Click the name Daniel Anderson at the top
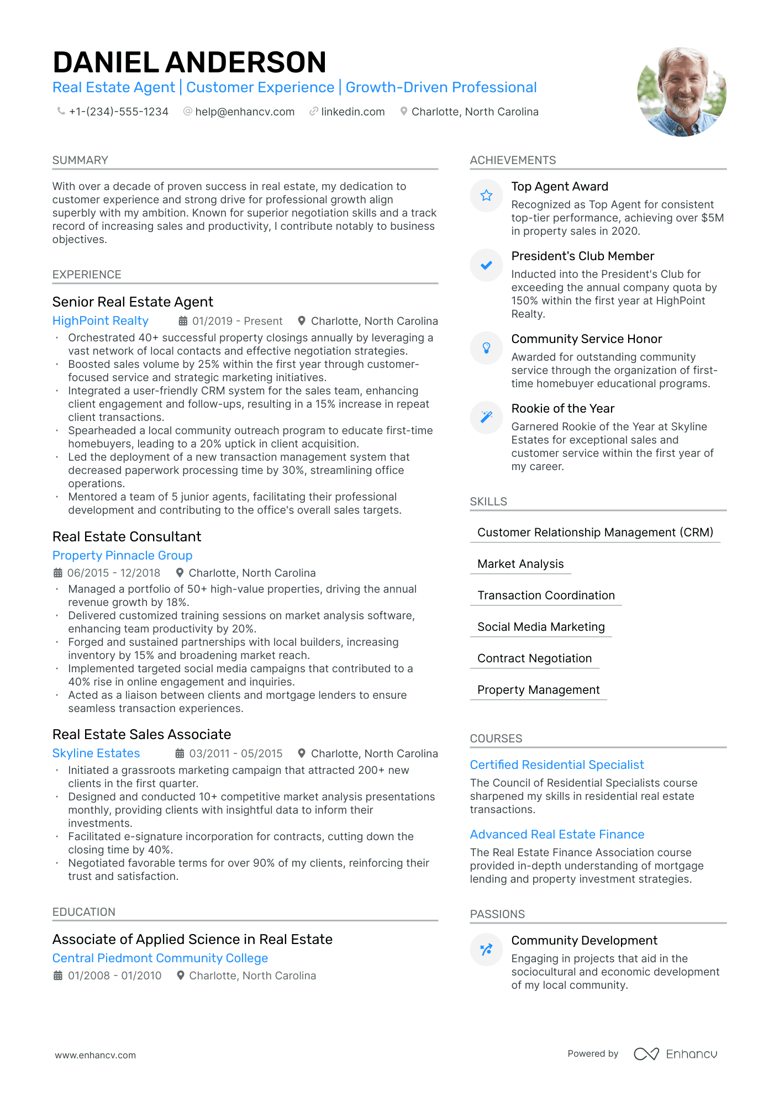pyautogui.click(x=190, y=62)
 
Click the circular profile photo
pyautogui.click(x=681, y=92)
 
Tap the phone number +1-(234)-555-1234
pyautogui.click(x=118, y=112)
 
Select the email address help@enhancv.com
pyautogui.click(x=245, y=112)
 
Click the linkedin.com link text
pyautogui.click(x=352, y=112)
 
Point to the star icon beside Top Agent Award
pyautogui.click(x=486, y=195)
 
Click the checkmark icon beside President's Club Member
pyautogui.click(x=486, y=265)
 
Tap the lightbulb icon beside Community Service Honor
pyautogui.click(x=486, y=347)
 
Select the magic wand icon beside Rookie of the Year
pyautogui.click(x=486, y=417)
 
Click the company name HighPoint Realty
pyautogui.click(x=101, y=321)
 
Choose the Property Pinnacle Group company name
pyautogui.click(x=122, y=555)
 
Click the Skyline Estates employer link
pyautogui.click(x=96, y=753)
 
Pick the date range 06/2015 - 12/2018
pyautogui.click(x=113, y=573)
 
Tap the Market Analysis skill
pyautogui.click(x=520, y=564)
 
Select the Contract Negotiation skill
pyautogui.click(x=534, y=658)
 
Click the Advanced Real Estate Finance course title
pyautogui.click(x=557, y=834)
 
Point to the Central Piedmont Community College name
pyautogui.click(x=160, y=958)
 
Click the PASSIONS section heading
pyautogui.click(x=497, y=914)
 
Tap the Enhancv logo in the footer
pyautogui.click(x=675, y=1054)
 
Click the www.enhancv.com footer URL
pyautogui.click(x=95, y=1055)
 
